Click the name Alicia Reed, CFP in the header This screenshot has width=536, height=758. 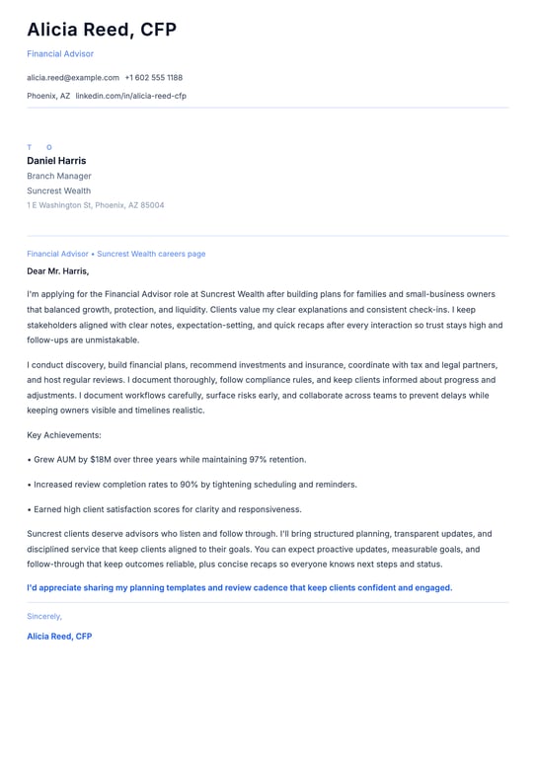click(102, 30)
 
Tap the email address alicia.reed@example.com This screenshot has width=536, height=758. click(73, 77)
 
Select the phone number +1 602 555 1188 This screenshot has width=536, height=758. click(153, 77)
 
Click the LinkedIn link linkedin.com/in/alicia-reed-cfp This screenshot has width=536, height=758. click(130, 96)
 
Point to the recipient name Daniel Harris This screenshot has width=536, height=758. click(56, 161)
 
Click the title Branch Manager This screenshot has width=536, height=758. click(59, 176)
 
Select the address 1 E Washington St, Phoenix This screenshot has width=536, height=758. click(96, 205)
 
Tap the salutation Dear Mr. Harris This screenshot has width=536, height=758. click(57, 270)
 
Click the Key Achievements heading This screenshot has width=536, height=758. click(64, 434)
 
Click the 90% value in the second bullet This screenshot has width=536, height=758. click(189, 485)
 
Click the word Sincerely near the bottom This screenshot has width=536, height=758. click(44, 616)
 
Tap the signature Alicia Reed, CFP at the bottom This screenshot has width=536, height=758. click(59, 637)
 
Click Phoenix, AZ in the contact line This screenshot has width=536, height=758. click(48, 96)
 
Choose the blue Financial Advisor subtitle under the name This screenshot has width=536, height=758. click(60, 53)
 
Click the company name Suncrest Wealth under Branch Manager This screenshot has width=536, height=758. click(58, 190)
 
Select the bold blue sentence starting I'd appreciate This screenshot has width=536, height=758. click(239, 587)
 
